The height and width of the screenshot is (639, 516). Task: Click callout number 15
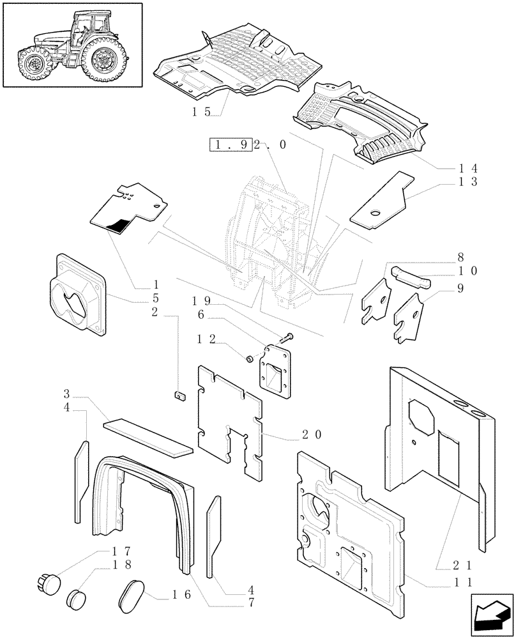[202, 112]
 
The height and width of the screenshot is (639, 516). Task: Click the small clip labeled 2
[179, 396]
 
